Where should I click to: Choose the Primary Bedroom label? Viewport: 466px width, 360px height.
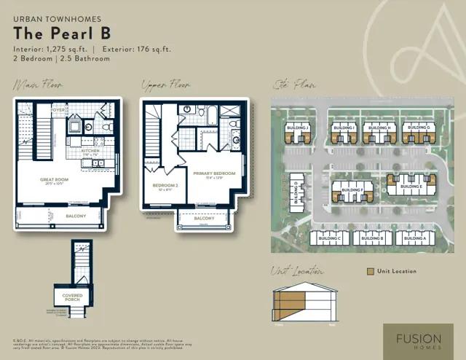[x=214, y=173]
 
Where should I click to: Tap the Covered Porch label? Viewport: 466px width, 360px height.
[x=72, y=297]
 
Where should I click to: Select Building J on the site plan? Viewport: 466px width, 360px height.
[x=298, y=128]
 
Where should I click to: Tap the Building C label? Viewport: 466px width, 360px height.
[x=330, y=238]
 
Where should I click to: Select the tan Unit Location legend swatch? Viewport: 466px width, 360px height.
[x=371, y=271]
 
